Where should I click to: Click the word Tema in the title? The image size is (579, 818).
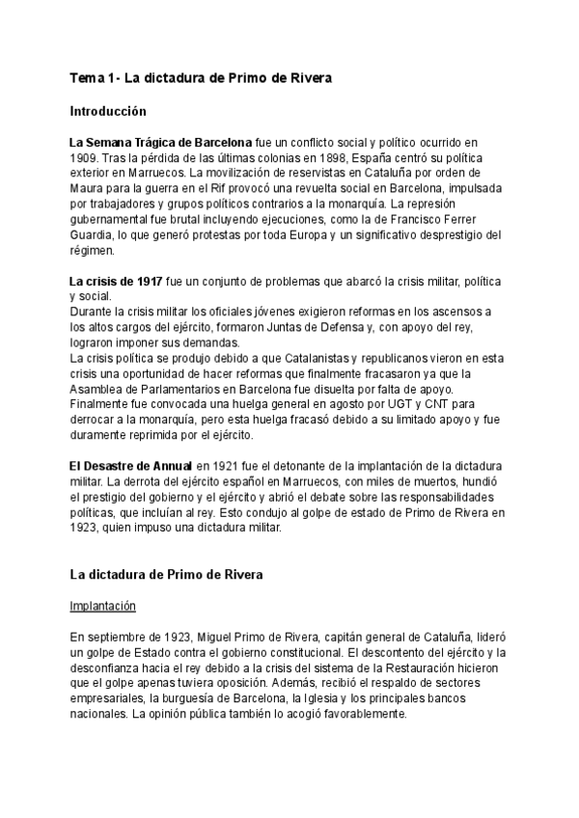pyautogui.click(x=86, y=78)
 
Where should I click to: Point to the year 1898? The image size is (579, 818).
pyautogui.click(x=325, y=157)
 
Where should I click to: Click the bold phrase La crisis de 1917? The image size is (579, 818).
pyautogui.click(x=117, y=281)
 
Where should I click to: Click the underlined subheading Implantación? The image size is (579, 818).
pyautogui.click(x=103, y=607)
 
